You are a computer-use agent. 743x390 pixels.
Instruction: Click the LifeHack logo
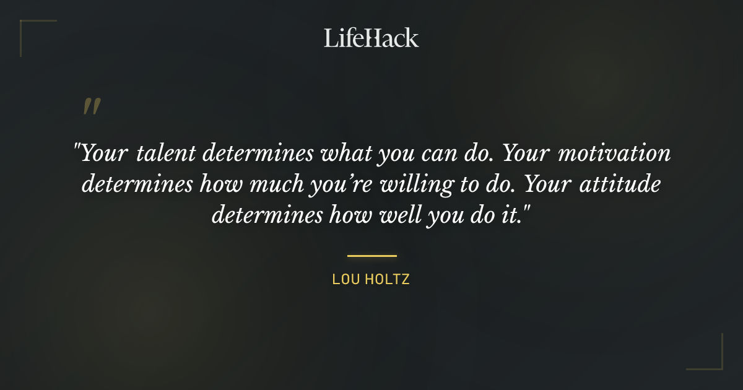pos(371,38)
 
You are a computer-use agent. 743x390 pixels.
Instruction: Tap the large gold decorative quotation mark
pos(91,106)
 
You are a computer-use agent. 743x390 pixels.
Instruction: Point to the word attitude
pos(622,185)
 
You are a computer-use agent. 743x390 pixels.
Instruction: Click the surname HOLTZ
pos(388,279)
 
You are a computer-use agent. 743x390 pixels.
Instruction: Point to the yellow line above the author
pos(371,255)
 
